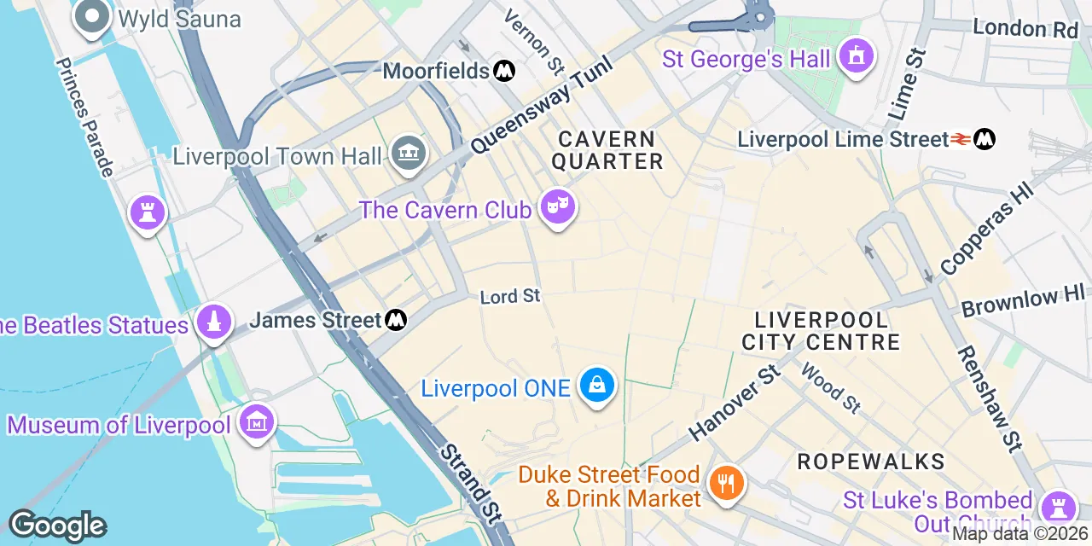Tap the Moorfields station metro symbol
click(504, 70)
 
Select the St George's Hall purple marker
click(855, 56)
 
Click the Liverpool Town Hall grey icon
click(408, 154)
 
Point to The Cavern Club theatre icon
click(558, 207)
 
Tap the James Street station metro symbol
click(395, 320)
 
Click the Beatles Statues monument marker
click(214, 322)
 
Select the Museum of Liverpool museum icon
click(257, 422)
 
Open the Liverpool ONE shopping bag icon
click(597, 386)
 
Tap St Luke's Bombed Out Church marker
click(1059, 505)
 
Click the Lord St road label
click(510, 296)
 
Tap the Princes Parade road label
click(84, 118)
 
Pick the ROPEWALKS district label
click(870, 462)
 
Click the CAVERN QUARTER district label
click(607, 150)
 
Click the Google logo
click(56, 526)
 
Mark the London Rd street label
click(1025, 29)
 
